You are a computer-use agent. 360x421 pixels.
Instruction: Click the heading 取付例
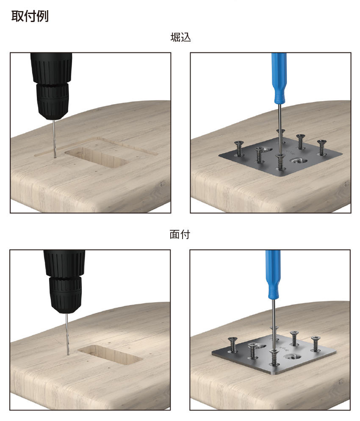click(30, 17)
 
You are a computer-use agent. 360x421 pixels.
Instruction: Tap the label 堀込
click(180, 37)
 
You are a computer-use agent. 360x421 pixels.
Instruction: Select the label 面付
click(180, 234)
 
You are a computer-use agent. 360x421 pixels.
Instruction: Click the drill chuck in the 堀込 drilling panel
click(52, 101)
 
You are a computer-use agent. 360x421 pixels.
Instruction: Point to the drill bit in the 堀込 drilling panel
click(55, 139)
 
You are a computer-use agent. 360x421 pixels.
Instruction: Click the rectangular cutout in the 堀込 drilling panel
click(97, 157)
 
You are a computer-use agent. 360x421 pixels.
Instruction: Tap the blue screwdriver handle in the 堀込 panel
click(279, 78)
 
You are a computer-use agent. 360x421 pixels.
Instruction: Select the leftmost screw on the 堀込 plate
click(239, 149)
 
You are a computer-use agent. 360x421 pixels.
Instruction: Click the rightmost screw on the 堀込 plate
click(321, 147)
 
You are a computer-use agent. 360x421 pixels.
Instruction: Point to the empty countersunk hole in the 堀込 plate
click(298, 161)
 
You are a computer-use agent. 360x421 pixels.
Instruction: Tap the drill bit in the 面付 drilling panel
click(67, 334)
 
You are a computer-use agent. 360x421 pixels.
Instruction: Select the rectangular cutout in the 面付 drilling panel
click(110, 355)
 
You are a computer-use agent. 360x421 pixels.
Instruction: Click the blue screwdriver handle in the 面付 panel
click(273, 275)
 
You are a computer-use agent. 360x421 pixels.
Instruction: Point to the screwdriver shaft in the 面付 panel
click(274, 325)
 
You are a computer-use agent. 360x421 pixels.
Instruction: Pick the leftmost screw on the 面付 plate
click(233, 344)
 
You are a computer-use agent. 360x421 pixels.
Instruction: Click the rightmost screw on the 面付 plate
click(316, 344)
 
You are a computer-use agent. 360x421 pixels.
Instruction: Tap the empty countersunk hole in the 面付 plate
click(291, 358)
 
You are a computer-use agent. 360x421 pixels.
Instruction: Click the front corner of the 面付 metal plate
click(273, 374)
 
